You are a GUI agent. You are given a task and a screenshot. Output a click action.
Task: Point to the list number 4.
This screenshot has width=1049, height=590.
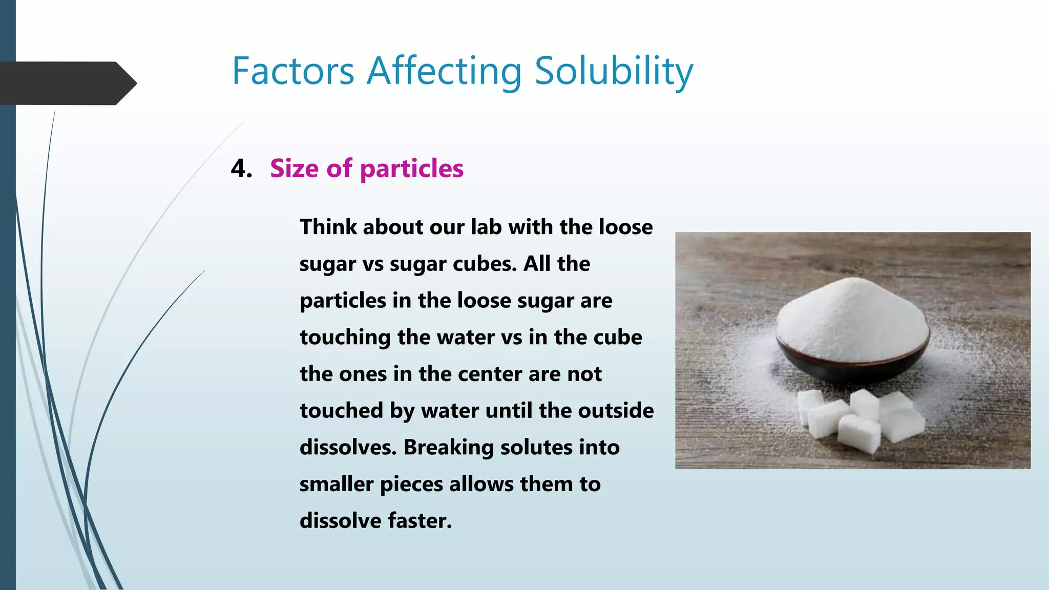click(241, 168)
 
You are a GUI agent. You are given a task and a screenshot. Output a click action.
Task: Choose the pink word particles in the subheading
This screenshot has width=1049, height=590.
click(412, 168)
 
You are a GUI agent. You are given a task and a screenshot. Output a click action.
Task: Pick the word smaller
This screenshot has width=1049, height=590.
click(336, 484)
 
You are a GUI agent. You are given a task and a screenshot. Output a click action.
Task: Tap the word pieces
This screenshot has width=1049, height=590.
click(411, 484)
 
